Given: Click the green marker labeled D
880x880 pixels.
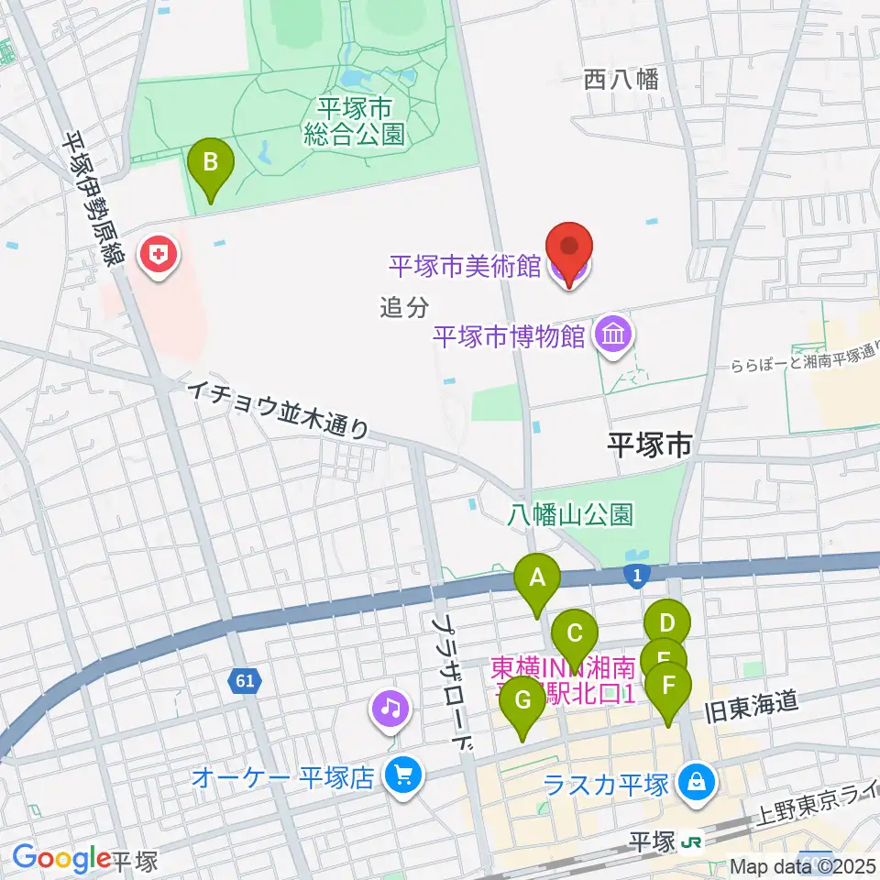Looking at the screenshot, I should (666, 625).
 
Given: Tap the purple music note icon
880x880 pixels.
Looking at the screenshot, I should (391, 708).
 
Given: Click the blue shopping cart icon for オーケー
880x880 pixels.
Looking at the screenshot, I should (401, 777).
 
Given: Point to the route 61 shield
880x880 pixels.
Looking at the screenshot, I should (243, 681).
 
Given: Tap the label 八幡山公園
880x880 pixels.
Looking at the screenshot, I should (570, 515).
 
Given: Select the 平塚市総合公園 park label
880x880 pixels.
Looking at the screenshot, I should (356, 123).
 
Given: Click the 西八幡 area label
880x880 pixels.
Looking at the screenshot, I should (621, 80).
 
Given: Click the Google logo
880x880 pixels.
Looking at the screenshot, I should (61, 859).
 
